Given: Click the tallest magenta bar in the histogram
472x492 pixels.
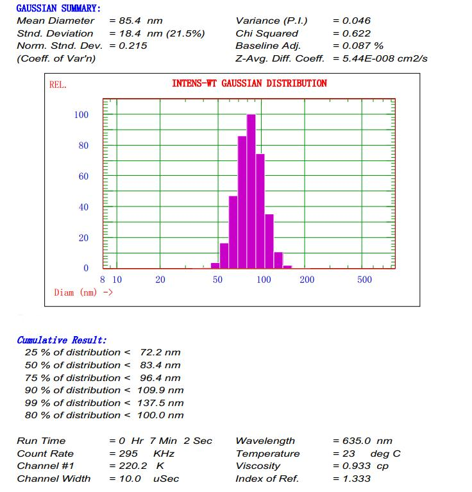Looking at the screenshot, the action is coord(251,191).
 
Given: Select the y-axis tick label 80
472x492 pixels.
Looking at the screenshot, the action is coord(83,146).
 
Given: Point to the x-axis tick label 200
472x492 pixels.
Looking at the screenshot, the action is coord(307,280).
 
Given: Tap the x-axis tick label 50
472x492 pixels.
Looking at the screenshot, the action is coord(217,280).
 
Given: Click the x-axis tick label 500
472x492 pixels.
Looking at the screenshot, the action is coord(364,280).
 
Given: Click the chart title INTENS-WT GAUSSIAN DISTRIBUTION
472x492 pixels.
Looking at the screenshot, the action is coord(249,83).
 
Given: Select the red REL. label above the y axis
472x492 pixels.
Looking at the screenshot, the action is coord(58,85).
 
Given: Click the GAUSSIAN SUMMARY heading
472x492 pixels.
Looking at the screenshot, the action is coord(58,8).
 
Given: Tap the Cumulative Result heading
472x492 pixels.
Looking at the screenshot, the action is coord(62,340).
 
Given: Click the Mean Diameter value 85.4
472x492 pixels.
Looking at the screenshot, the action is coord(130,21).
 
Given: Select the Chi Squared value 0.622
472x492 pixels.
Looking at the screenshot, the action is coord(357,33).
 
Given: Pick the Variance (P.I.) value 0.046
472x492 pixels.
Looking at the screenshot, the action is coord(357,21).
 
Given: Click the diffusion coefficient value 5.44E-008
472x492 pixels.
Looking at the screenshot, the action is coord(367,58).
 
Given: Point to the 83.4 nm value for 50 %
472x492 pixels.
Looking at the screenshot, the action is coord(160,365).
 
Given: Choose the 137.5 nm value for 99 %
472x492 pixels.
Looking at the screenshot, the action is coord(160,403).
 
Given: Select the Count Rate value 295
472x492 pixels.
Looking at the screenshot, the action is coord(128,454).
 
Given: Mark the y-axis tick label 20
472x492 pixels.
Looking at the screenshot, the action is coord(83,238).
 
